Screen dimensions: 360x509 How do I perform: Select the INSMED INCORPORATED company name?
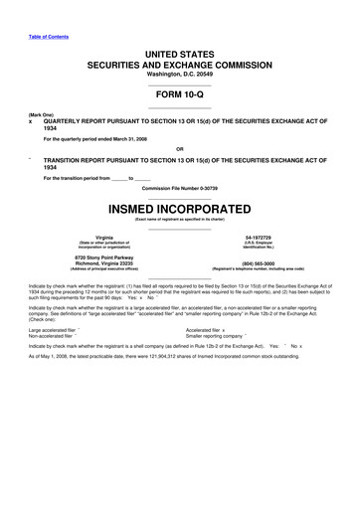click(179, 211)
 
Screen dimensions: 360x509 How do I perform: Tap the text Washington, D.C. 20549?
click(179, 75)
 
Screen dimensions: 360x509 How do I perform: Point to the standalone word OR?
click(179, 151)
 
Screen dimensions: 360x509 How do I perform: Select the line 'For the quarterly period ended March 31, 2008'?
click(107, 138)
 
